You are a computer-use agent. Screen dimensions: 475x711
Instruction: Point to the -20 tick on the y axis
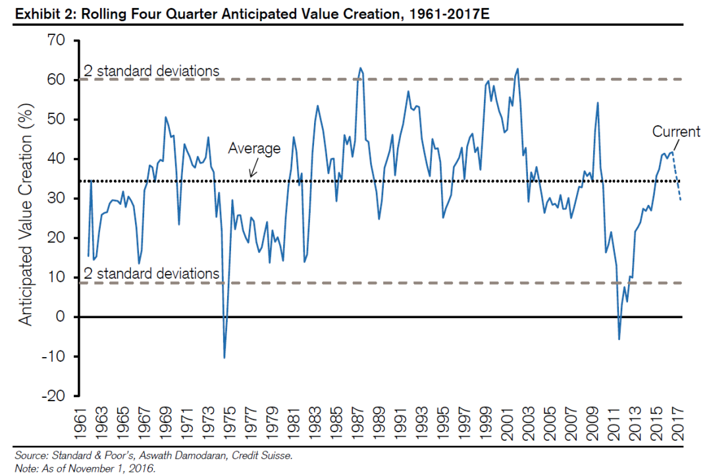pos(54,396)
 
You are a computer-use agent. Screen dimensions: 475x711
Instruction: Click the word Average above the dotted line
pos(254,149)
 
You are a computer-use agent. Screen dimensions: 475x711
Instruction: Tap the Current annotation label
pos(676,132)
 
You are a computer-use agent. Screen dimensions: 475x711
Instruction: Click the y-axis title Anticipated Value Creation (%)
pos(26,218)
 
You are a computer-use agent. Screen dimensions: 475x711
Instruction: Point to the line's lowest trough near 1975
pos(224,358)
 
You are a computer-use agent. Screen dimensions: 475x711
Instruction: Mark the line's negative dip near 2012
pos(619,339)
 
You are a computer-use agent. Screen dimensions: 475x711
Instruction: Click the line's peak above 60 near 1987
pos(360,68)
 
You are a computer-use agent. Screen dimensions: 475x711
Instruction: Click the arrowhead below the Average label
pos(251,176)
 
